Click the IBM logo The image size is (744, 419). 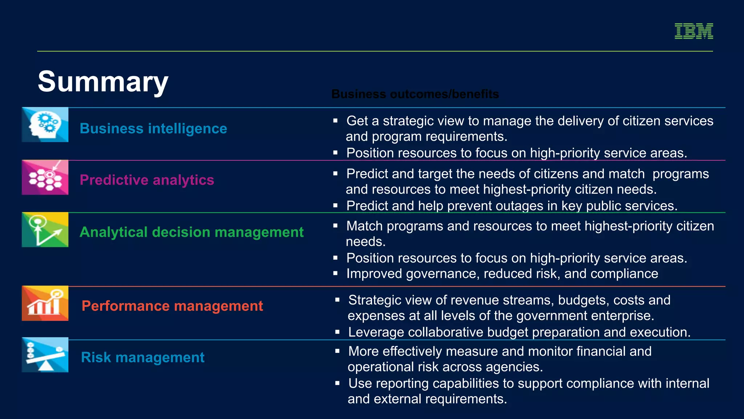tap(694, 31)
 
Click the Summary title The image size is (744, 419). tap(103, 82)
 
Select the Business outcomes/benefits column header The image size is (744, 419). tap(415, 94)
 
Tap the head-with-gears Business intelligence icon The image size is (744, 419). tap(45, 125)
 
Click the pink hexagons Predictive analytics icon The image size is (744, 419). tap(45, 177)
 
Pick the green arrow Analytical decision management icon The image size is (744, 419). tap(45, 230)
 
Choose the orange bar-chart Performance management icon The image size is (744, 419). tap(45, 303)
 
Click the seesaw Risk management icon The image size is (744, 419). tap(45, 355)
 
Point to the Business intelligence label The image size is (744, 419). tap(153, 129)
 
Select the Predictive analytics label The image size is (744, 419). tap(147, 180)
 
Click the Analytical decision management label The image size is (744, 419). tap(191, 232)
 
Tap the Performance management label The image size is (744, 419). tap(172, 306)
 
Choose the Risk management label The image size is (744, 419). tap(143, 358)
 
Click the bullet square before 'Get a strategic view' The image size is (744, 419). tap(336, 121)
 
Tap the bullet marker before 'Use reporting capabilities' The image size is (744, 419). tap(337, 383)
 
